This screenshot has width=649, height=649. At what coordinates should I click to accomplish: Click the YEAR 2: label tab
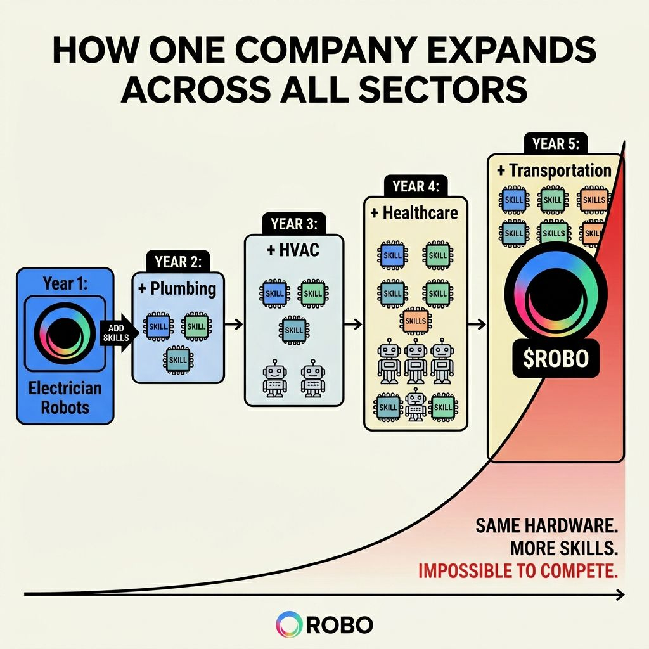point(178,261)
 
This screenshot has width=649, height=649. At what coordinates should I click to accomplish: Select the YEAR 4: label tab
point(416,186)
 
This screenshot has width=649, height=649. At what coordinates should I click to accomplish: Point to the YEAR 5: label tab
point(556,143)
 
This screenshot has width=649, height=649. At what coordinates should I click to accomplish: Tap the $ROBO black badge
point(556,359)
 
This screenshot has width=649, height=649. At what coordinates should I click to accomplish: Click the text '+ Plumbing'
point(177,289)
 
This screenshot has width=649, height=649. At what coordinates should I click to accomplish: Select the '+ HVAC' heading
point(293,250)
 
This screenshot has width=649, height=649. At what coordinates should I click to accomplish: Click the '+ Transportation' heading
point(554,170)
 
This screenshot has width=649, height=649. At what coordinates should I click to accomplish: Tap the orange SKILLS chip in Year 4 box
point(415,320)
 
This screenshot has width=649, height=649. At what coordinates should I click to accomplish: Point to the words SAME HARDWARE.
point(546,525)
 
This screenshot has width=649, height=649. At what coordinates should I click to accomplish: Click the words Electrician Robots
point(65,397)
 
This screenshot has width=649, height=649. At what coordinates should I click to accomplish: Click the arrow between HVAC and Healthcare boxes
point(353,324)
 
